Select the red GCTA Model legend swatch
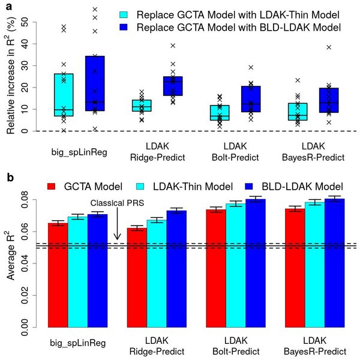click(x=53, y=186)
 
